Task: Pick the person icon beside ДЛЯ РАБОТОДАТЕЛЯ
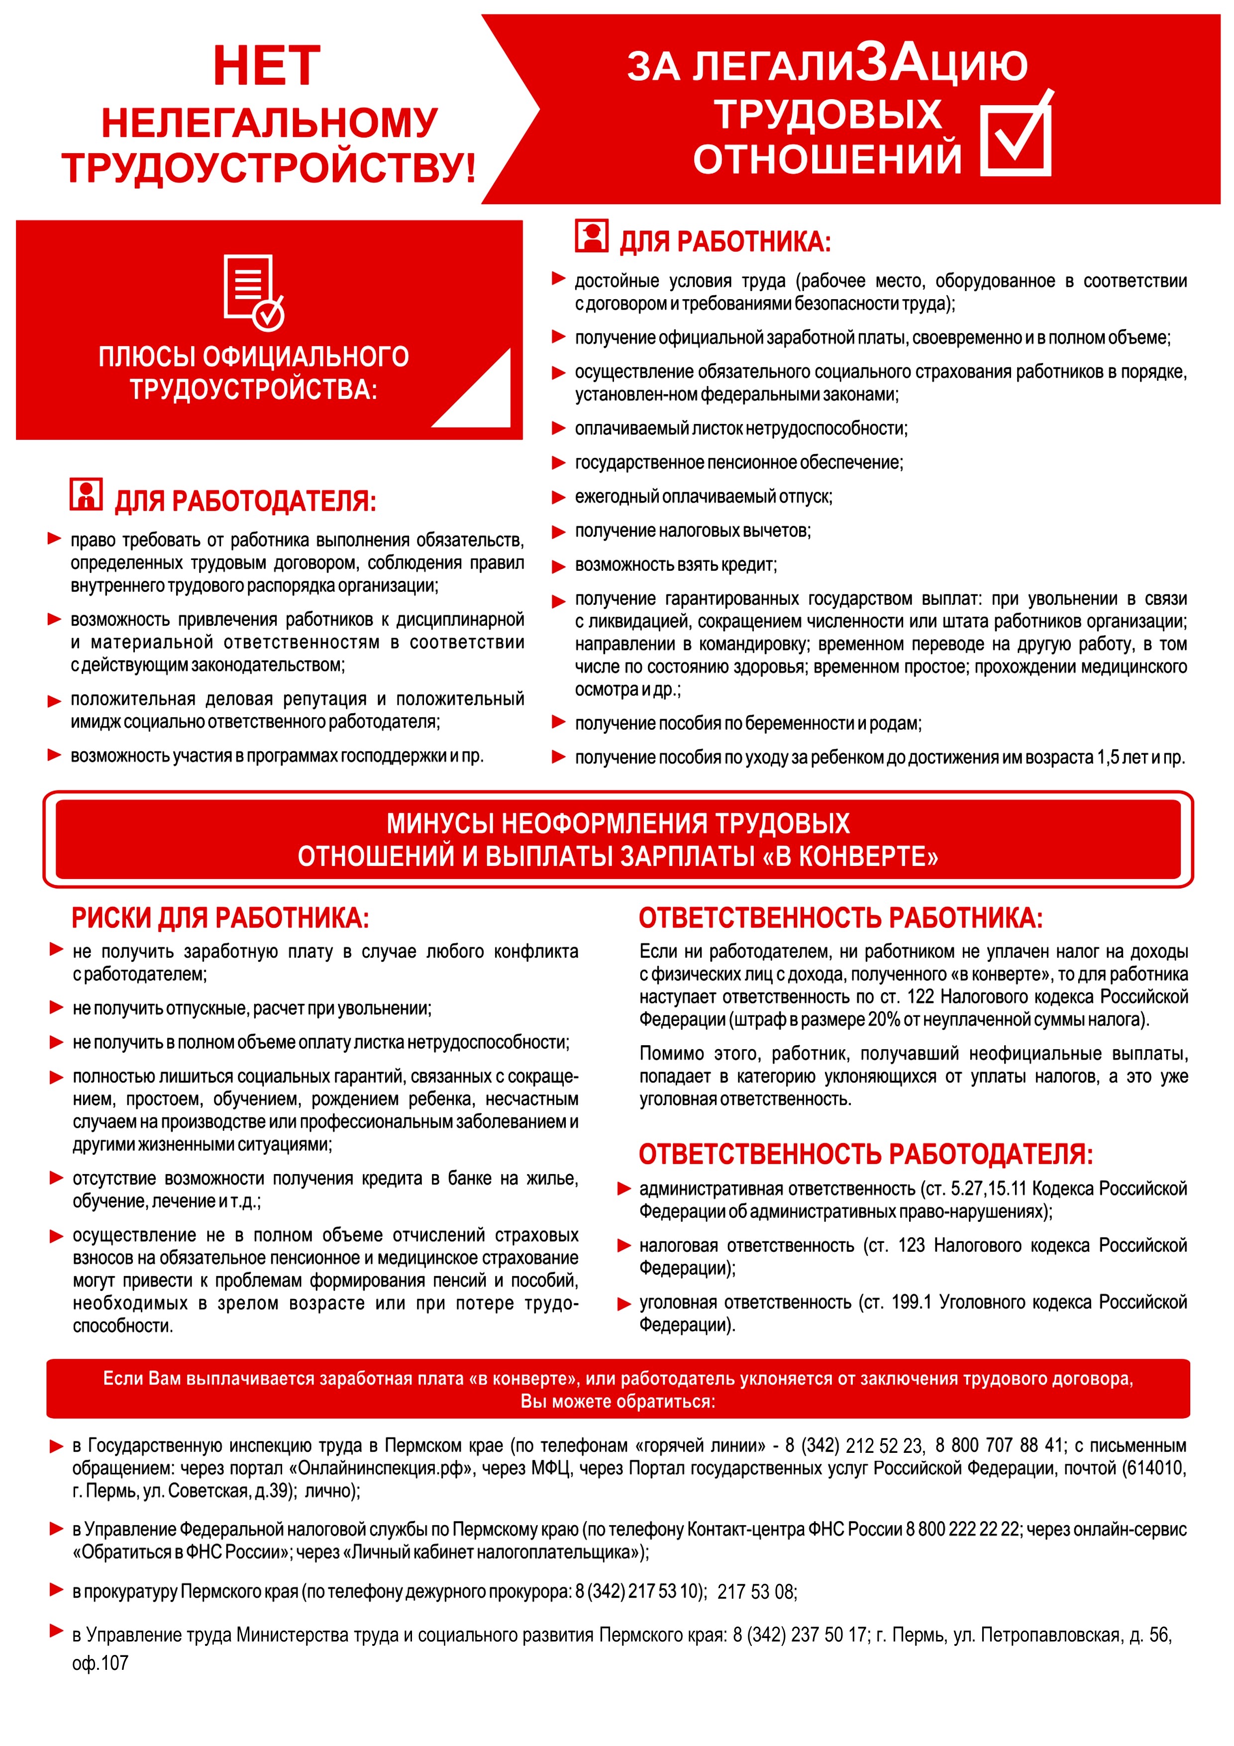[86, 494]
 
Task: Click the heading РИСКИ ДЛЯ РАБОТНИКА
[220, 918]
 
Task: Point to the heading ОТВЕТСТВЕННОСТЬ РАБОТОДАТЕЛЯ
[865, 1154]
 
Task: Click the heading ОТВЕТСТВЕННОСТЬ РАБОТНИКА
[840, 918]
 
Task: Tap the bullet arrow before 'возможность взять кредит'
[559, 566]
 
